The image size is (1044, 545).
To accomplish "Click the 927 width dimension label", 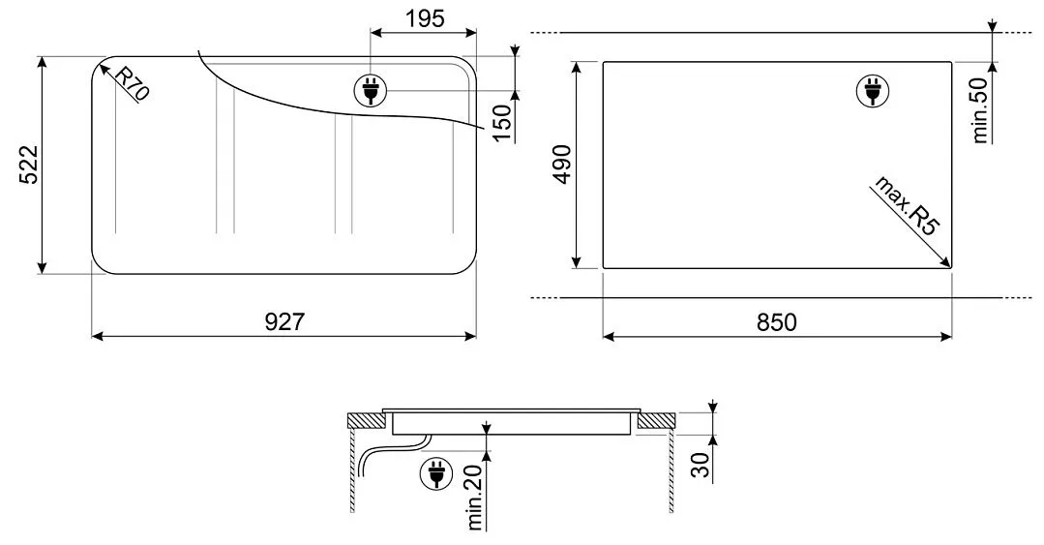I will [284, 322].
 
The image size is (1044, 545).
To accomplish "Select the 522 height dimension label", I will [28, 165].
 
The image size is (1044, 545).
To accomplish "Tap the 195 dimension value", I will [424, 18].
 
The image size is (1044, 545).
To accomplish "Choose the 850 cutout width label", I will [777, 322].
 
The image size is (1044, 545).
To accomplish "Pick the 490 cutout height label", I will [563, 165].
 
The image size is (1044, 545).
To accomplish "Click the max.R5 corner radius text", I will [906, 207].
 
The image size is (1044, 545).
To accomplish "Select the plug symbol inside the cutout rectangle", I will [871, 91].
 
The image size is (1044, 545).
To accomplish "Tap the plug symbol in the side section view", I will [434, 475].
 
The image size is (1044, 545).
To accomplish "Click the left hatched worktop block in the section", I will [365, 421].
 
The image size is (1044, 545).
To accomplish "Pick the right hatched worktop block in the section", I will [655, 421].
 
